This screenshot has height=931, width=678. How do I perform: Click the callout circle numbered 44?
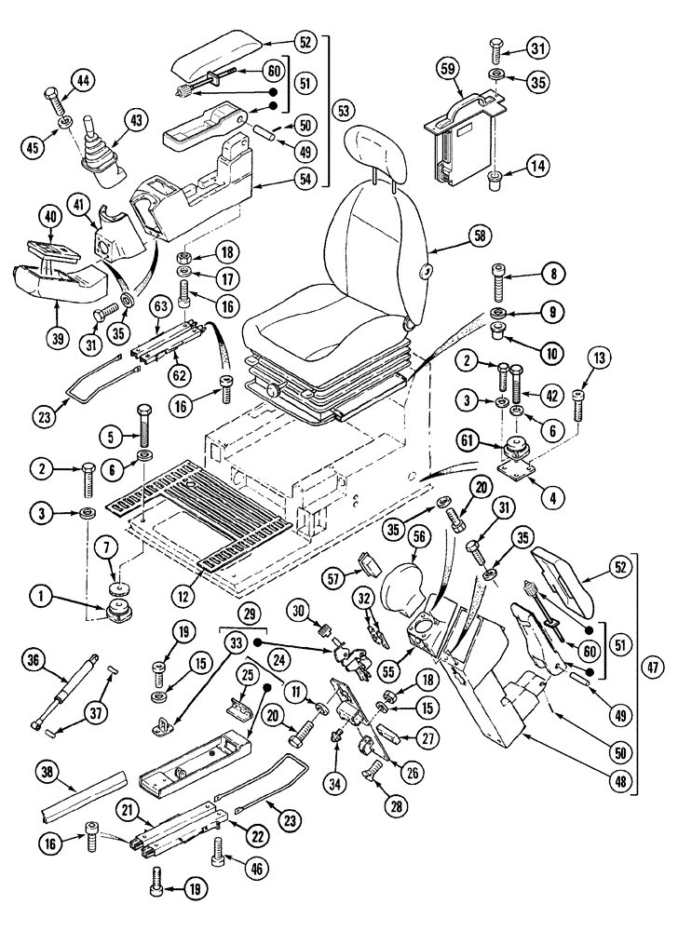84,83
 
